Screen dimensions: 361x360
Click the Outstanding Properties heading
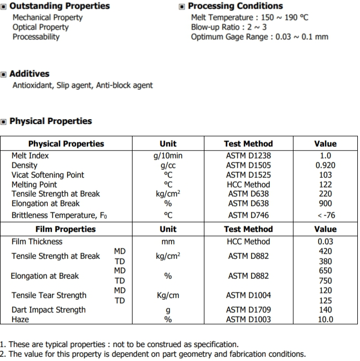[60, 6]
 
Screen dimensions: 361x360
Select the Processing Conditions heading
[236, 6]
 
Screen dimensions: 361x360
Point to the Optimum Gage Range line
[259, 37]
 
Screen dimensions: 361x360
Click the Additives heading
[30, 74]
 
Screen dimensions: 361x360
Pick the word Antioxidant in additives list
[33, 85]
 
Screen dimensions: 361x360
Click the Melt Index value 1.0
[325, 156]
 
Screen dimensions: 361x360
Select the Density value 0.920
[325, 165]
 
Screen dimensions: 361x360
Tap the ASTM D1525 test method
[248, 175]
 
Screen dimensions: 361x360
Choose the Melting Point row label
[34, 184]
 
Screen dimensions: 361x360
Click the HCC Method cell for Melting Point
[248, 184]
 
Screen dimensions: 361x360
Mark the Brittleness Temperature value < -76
[325, 215]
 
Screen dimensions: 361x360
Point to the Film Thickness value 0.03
[325, 242]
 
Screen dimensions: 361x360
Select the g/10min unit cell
[168, 156]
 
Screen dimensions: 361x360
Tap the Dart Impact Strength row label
[48, 310]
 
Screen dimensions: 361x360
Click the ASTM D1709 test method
[248, 310]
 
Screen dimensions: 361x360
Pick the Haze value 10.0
[325, 319]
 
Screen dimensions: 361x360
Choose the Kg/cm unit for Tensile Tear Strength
[168, 295]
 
